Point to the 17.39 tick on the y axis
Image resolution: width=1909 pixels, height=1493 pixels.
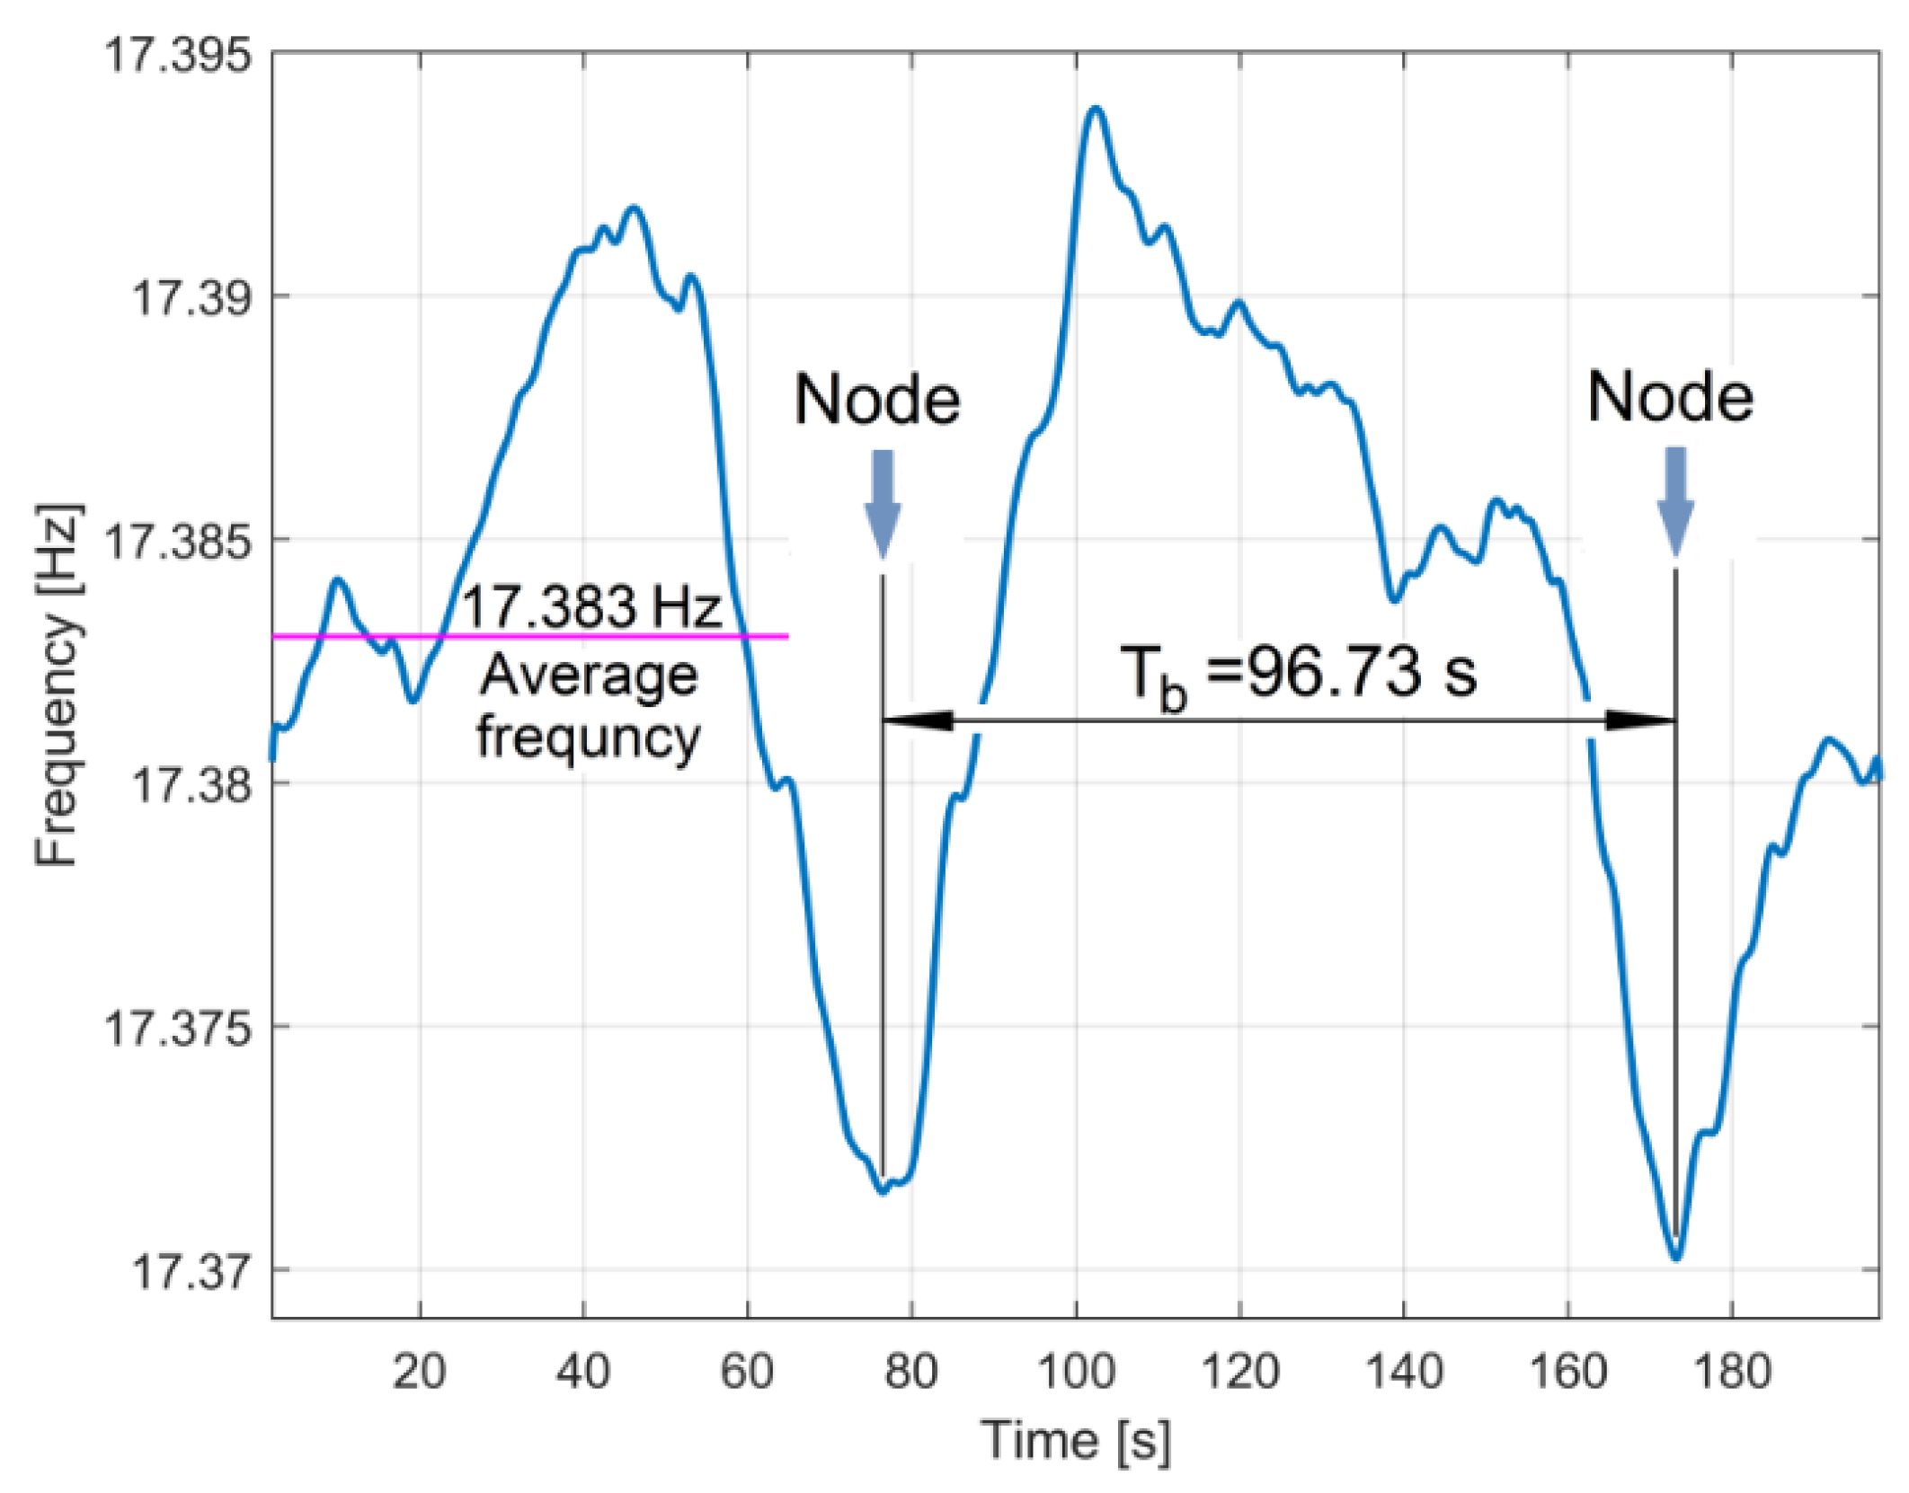(191, 297)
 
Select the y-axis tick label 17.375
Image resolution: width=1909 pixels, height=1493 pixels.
(177, 1028)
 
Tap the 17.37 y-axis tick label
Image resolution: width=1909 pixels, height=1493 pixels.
(191, 1271)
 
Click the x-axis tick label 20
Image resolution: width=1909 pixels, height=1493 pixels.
(419, 1372)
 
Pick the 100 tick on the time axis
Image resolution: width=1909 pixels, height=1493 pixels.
(1076, 1372)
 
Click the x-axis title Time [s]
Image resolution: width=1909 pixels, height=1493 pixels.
(1075, 1440)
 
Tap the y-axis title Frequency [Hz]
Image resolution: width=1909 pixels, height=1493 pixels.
(58, 685)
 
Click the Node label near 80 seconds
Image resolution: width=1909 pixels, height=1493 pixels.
(877, 400)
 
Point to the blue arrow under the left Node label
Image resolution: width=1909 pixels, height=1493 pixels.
(883, 503)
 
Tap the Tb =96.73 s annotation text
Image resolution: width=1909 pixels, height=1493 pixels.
(1298, 674)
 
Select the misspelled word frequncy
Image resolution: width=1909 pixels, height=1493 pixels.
(588, 738)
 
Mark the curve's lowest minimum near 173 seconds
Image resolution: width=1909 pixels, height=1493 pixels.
(1676, 1257)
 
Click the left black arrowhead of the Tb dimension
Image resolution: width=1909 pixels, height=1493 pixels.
(917, 720)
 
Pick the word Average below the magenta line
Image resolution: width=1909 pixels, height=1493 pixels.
(589, 676)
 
